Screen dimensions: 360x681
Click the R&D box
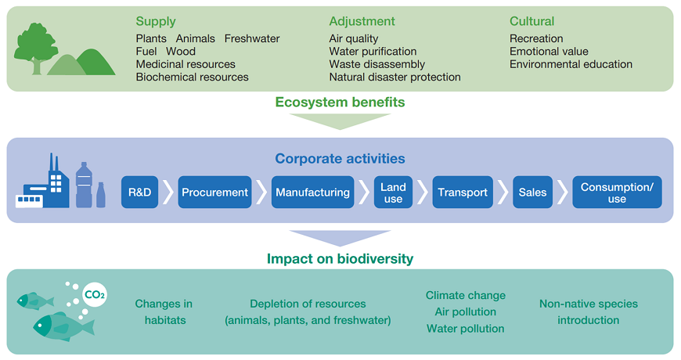pyautogui.click(x=140, y=193)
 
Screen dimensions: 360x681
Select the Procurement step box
pyautogui.click(x=214, y=193)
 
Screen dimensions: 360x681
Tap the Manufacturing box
pyautogui.click(x=312, y=193)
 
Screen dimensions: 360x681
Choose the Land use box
pyautogui.click(x=393, y=193)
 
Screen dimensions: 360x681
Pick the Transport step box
pyautogui.click(x=463, y=193)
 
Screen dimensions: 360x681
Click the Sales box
pyautogui.click(x=532, y=193)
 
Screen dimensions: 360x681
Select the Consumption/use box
pyautogui.click(x=617, y=193)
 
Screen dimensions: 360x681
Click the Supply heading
pyautogui.click(x=156, y=21)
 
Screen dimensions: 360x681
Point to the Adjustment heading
pyautogui.click(x=362, y=21)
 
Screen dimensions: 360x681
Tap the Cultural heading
pyautogui.click(x=531, y=21)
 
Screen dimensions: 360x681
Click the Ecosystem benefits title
pyautogui.click(x=340, y=102)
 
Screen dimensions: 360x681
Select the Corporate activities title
pyautogui.click(x=340, y=159)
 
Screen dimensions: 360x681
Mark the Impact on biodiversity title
pyautogui.click(x=340, y=258)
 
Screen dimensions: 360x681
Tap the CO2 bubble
pyautogui.click(x=95, y=295)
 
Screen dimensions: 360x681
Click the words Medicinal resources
pyautogui.click(x=186, y=64)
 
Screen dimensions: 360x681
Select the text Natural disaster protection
pyautogui.click(x=395, y=77)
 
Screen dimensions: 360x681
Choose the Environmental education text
pyautogui.click(x=571, y=64)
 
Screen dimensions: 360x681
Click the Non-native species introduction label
pyautogui.click(x=588, y=311)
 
